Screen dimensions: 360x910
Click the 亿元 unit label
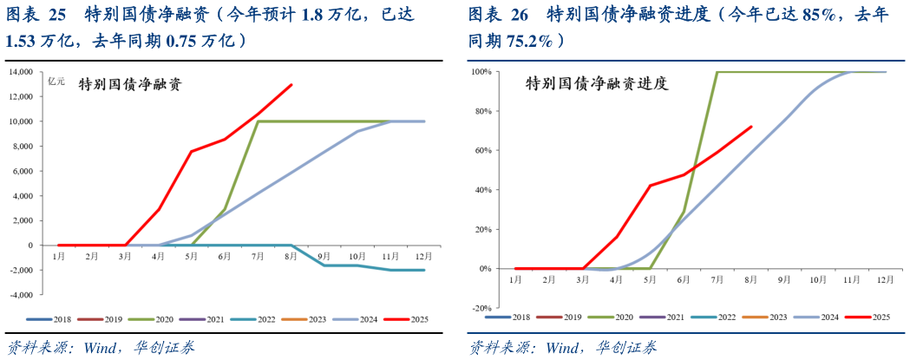(x=56, y=82)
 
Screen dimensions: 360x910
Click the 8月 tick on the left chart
(x=291, y=257)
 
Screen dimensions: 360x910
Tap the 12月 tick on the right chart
(x=885, y=279)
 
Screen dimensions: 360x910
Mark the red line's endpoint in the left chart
(x=291, y=85)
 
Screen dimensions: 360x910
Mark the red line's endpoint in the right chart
(x=751, y=127)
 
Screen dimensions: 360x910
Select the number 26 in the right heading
(x=520, y=14)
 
